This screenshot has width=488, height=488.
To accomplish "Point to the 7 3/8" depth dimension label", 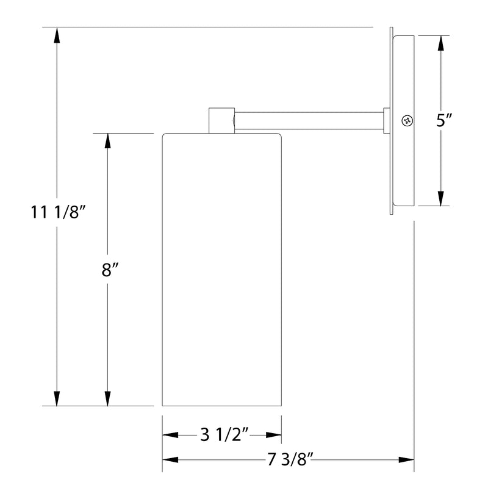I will pos(289,460).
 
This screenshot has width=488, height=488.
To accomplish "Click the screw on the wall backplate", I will pos(406,120).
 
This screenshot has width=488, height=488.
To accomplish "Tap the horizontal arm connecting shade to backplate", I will pos(308,120).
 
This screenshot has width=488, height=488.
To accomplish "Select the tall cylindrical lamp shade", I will pos(221,268).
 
